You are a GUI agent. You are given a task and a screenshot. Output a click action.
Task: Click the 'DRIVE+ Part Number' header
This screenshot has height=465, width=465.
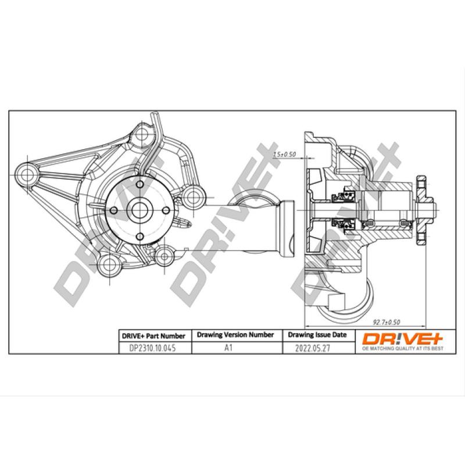tap(153, 335)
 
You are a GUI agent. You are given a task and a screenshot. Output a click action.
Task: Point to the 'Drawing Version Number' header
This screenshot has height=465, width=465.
tap(235, 335)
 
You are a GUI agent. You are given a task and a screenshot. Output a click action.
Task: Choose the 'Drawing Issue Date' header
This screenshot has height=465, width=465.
tap(317, 335)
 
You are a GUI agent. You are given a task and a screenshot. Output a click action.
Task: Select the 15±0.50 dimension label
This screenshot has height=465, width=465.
tap(285, 154)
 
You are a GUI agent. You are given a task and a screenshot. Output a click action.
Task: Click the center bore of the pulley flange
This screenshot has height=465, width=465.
tap(139, 210)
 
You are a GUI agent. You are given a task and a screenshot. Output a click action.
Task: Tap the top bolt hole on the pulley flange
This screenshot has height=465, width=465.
tap(139, 184)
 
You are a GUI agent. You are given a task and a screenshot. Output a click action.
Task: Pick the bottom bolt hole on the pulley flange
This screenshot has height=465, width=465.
tap(139, 235)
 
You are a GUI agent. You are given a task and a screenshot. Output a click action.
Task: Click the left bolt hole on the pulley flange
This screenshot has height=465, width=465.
tap(114, 210)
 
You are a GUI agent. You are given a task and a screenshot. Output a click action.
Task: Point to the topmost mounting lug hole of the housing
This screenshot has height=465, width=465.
tap(141, 135)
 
